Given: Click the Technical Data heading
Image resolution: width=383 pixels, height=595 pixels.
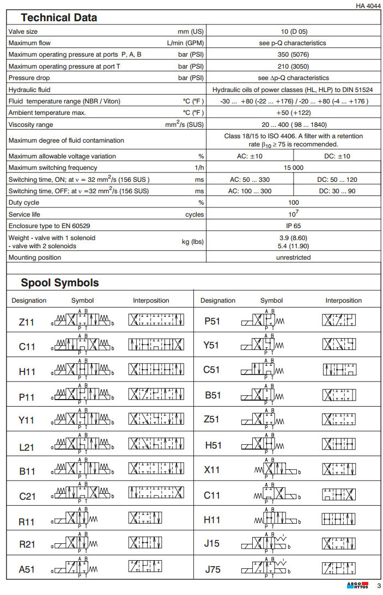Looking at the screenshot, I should pos(59,17).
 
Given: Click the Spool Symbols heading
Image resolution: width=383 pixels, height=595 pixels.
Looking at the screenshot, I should pos(60,283).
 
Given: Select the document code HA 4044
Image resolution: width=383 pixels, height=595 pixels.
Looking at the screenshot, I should pos(368,6).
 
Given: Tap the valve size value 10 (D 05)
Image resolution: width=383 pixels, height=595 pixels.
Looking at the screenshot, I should pos(293,32).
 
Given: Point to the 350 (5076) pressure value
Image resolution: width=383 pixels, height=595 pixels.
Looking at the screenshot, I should pos(293,54).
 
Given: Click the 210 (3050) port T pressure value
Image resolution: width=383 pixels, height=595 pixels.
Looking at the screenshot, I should pos(293,66).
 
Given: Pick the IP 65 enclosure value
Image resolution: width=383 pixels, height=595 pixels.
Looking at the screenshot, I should pos(293,225).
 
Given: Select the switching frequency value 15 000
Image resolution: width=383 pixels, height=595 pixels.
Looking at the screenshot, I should pos(293,168).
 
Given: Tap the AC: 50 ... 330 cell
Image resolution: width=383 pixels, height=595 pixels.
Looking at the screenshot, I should pos(250,180).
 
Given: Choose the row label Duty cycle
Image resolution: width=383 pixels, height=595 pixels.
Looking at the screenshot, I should pos(23,203).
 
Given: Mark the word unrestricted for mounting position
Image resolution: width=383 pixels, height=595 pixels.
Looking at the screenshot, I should pos(293,257).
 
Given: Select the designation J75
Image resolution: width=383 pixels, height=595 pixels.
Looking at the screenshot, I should pos(212,569).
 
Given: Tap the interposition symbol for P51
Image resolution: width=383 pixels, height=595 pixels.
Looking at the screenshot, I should pos(338,320).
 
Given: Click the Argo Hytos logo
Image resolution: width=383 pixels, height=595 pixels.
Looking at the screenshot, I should pos(357,586).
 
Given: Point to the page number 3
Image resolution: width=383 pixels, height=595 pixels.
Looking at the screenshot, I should pos(379,586).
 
